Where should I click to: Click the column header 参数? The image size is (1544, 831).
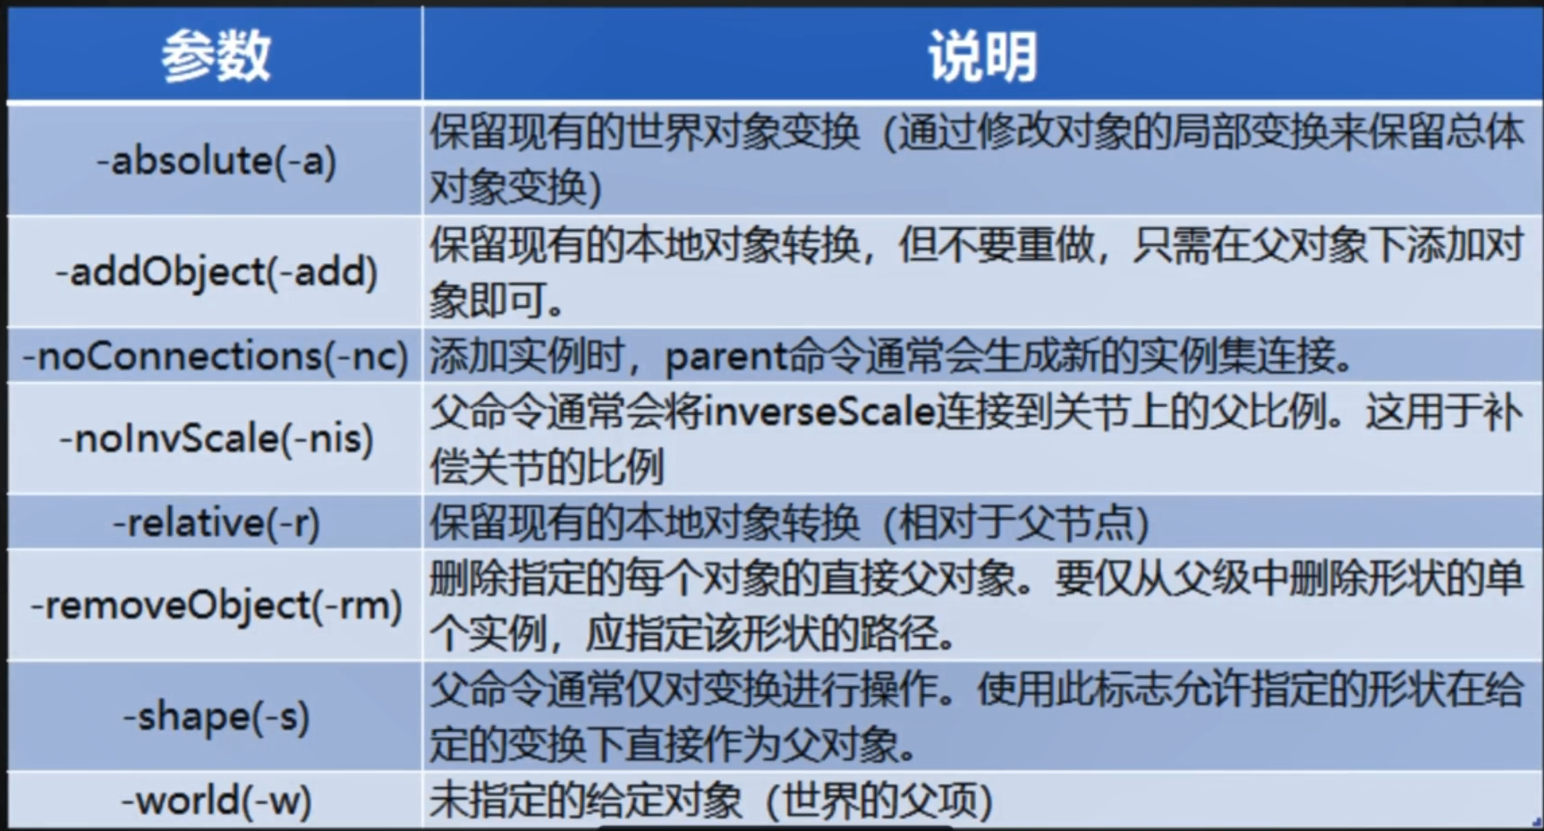click(x=216, y=55)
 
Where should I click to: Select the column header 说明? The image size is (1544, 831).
click(x=982, y=55)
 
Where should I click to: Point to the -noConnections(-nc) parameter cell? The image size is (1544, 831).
click(x=216, y=356)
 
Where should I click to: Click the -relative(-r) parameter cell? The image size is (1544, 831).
click(x=216, y=522)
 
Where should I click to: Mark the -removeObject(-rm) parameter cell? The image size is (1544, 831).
click(x=216, y=606)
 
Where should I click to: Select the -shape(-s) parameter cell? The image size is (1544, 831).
click(x=216, y=717)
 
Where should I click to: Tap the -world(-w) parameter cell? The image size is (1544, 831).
click(x=216, y=800)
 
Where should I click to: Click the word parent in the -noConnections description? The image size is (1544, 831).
click(x=726, y=358)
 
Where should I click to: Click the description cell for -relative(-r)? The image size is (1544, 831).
click(x=982, y=522)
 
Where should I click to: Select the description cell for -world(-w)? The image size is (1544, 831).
click(x=982, y=800)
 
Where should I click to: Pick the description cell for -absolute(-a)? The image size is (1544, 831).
click(x=982, y=159)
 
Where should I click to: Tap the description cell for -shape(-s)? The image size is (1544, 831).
click(x=982, y=717)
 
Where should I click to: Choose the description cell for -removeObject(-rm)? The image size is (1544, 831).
click(x=982, y=606)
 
